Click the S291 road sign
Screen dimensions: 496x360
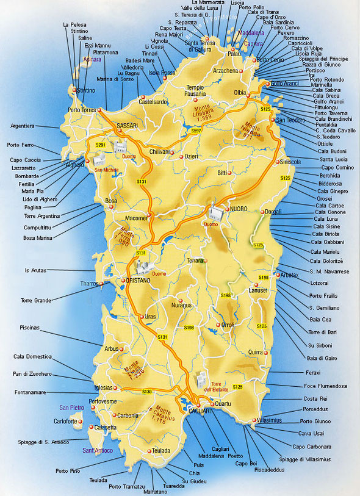[x=101, y=145]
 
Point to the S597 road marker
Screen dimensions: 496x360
[x=196, y=131]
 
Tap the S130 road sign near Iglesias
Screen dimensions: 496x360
[x=147, y=391]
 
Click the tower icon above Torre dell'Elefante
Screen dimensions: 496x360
[x=201, y=379]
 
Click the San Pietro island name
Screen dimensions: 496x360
[x=71, y=407]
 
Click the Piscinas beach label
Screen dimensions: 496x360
[x=29, y=328]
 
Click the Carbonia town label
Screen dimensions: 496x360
[x=128, y=415]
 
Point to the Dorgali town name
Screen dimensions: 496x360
[x=272, y=211]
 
